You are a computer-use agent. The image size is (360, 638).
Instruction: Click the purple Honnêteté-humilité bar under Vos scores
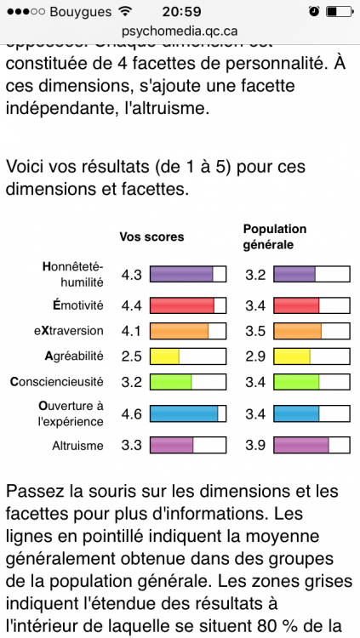[x=181, y=274]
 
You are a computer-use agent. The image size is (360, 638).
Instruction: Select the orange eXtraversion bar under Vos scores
[x=179, y=330]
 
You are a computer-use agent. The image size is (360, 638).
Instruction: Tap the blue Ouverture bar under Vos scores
[x=184, y=413]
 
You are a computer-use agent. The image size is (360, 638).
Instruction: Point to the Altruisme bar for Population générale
[x=301, y=444]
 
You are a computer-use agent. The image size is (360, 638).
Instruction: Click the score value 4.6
[x=132, y=414]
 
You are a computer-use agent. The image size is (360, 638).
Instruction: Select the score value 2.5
[x=132, y=356]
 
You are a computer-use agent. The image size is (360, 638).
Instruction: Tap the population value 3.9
[x=255, y=444]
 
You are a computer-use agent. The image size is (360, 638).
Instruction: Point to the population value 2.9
[x=255, y=356]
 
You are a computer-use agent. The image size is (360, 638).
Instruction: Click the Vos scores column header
[x=151, y=236]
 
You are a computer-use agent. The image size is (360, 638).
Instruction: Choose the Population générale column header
[x=275, y=236]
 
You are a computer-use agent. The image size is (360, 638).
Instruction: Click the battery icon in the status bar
[x=339, y=11]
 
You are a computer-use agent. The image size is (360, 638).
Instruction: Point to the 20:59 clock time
[x=180, y=11]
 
